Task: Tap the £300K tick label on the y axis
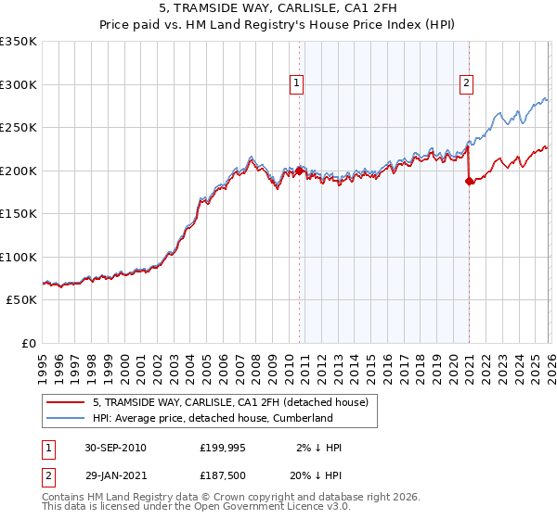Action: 19,84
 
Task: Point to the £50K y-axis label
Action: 21,300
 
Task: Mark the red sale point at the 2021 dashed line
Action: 469,182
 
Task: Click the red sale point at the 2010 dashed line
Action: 299,171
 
